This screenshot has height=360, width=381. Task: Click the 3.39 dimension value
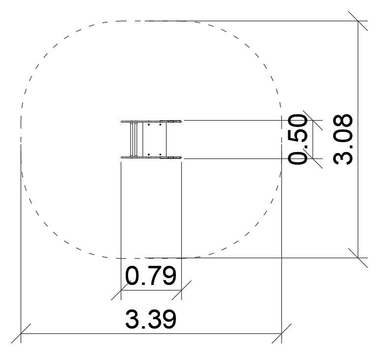[151, 319]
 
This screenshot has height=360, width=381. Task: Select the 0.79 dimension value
[151, 276]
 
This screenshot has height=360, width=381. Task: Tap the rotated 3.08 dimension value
[343, 139]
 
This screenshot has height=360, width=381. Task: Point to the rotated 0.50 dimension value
[298, 139]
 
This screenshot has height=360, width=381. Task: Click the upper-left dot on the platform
[149, 125]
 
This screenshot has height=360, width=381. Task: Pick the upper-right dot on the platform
[160, 125]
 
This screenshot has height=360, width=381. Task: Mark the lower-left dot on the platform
[149, 154]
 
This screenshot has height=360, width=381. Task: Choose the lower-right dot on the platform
[160, 154]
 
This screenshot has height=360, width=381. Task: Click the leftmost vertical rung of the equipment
[132, 139]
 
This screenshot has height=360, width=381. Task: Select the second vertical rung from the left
[136, 139]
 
